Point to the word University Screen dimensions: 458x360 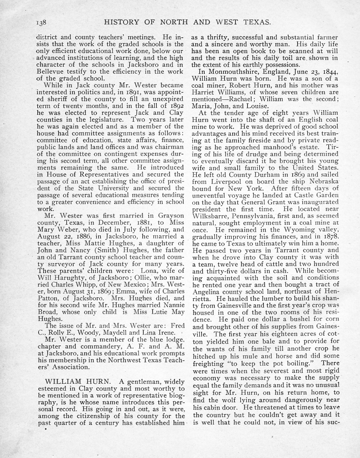[x=108, y=188]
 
